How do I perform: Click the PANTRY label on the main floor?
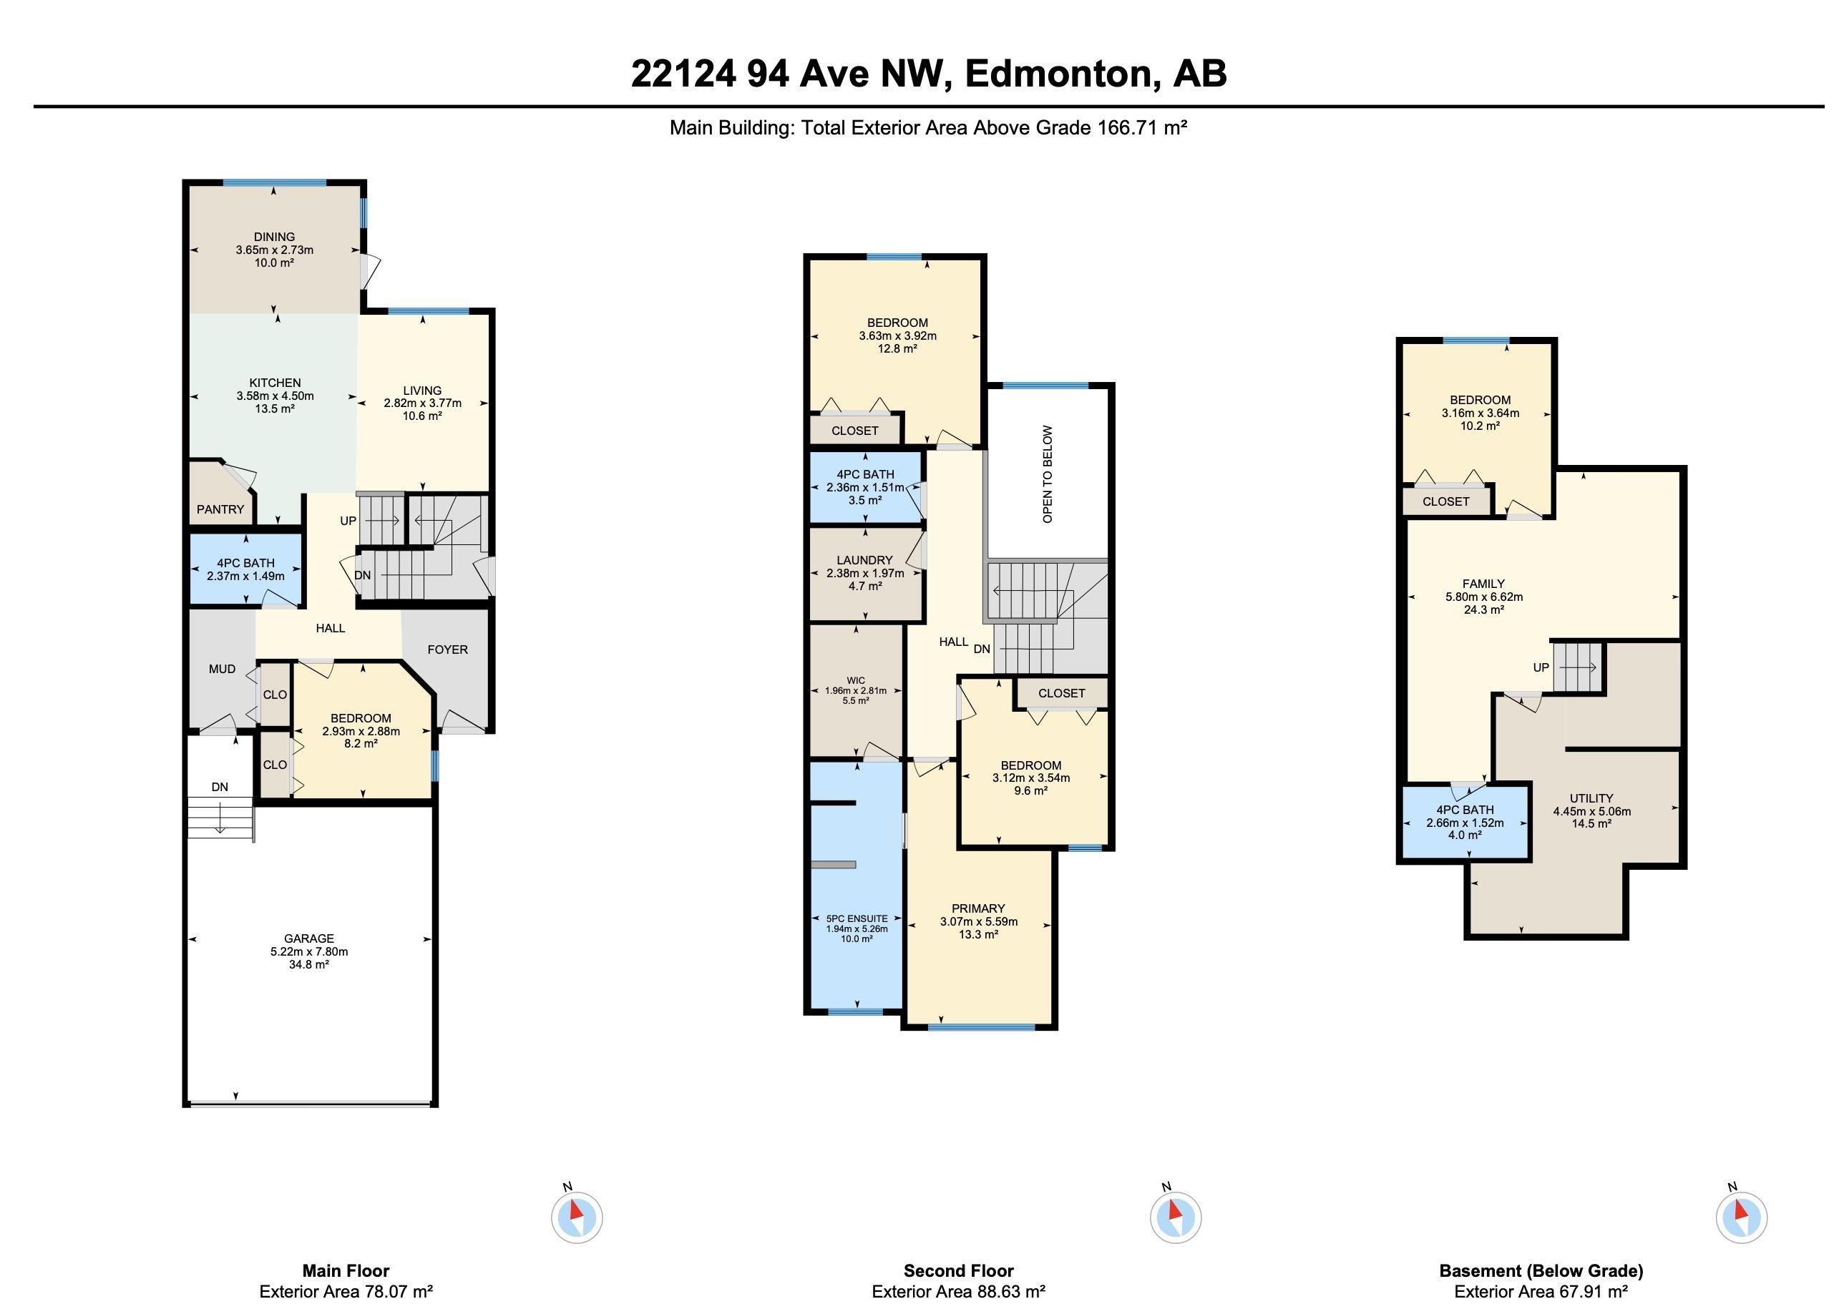pyautogui.click(x=220, y=509)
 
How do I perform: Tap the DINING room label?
pyautogui.click(x=274, y=237)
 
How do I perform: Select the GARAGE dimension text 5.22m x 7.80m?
pyautogui.click(x=309, y=951)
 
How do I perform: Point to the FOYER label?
pyautogui.click(x=447, y=649)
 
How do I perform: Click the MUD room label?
pyautogui.click(x=222, y=669)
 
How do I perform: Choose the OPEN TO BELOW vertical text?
pyautogui.click(x=1048, y=474)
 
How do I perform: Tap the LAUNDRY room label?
pyautogui.click(x=865, y=560)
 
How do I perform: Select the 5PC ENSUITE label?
pyautogui.click(x=857, y=918)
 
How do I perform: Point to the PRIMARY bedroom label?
pyautogui.click(x=978, y=908)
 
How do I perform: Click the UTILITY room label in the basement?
pyautogui.click(x=1591, y=799)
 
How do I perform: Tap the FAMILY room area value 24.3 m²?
pyautogui.click(x=1483, y=610)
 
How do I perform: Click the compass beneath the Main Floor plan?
pyautogui.click(x=577, y=1216)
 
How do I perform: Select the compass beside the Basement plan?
pyautogui.click(x=1742, y=1216)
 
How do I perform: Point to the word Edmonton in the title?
pyautogui.click(x=1057, y=74)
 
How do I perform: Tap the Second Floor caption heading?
pyautogui.click(x=959, y=1271)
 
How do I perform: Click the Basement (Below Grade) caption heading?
pyautogui.click(x=1541, y=1271)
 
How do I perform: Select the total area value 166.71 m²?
pyautogui.click(x=1141, y=127)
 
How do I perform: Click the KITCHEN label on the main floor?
pyautogui.click(x=275, y=383)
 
